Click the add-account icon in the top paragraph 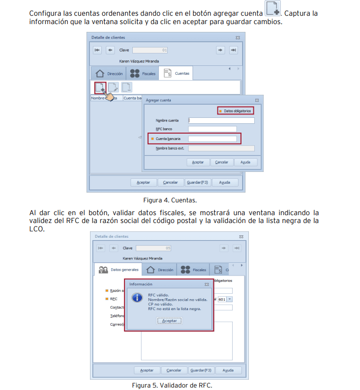pos(272,9)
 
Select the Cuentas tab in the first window pos(176,73)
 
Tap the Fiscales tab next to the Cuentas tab pos(143,74)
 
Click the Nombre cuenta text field pos(221,120)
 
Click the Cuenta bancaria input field pos(212,139)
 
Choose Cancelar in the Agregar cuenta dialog pos(222,162)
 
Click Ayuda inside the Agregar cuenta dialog pos(245,162)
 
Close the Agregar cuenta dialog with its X pos(257,100)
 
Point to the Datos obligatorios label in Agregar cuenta pos(237,111)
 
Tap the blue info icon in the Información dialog pos(137,298)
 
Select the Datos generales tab pos(118,270)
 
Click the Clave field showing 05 pos(153,248)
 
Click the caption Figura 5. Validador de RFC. pos(172,385)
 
